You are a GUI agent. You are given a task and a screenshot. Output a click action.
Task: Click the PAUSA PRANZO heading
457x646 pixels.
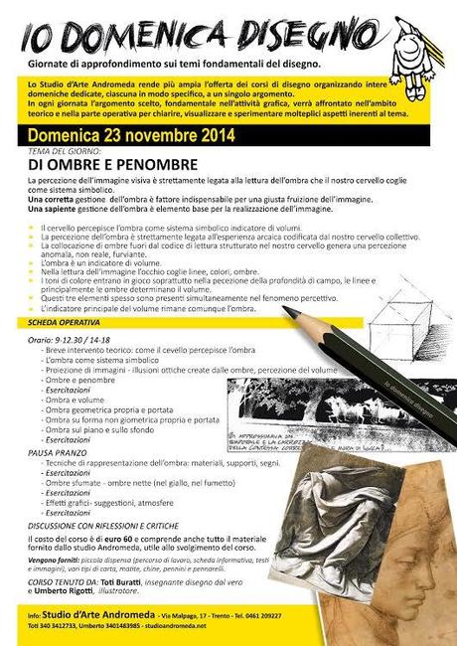coord(55,452)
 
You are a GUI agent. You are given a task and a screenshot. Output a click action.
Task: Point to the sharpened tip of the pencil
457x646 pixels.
coord(287,311)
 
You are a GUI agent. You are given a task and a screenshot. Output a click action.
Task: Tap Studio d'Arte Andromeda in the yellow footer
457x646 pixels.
coord(92,617)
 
